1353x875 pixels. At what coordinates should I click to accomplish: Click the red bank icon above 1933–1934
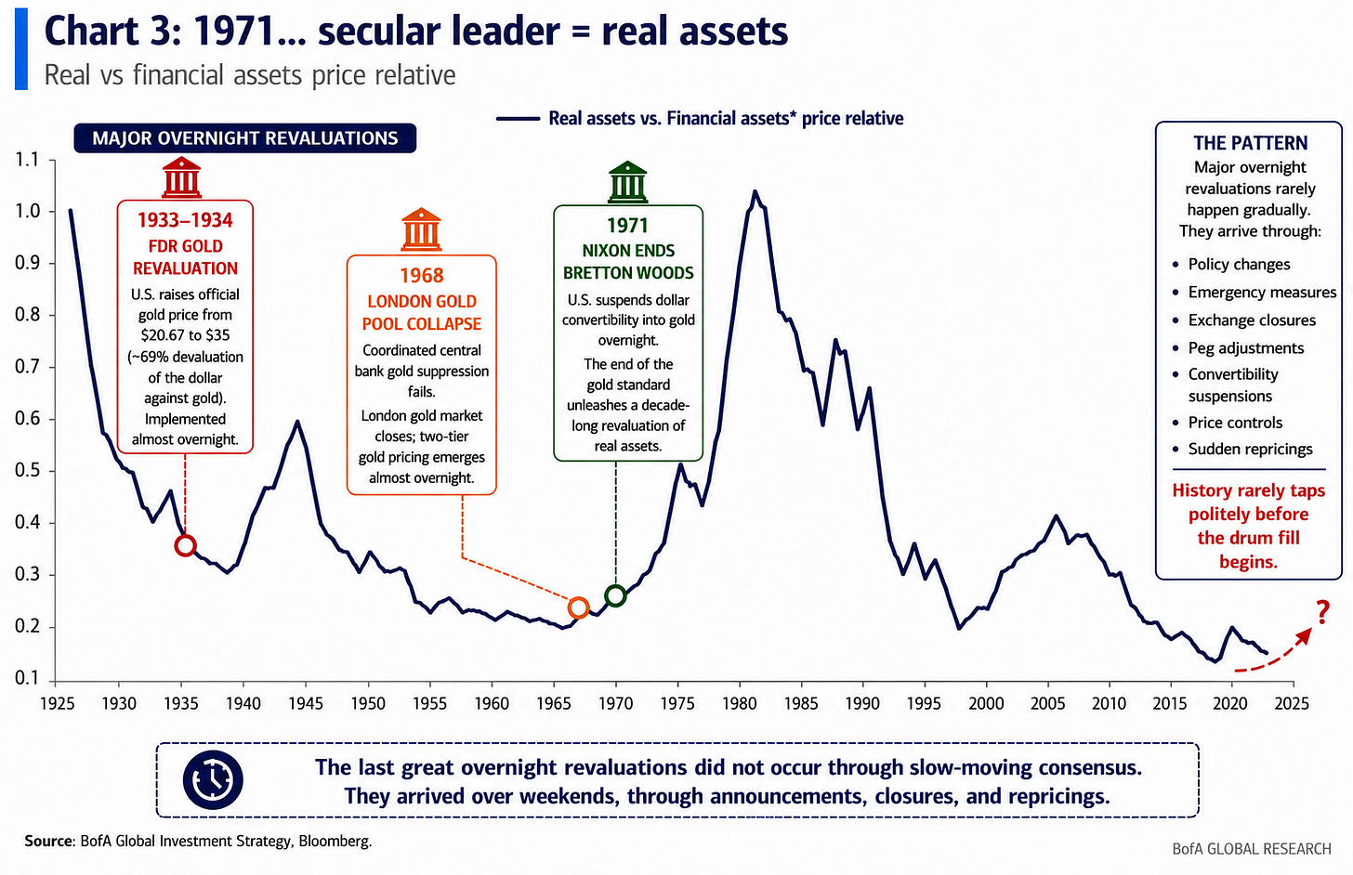pos(181,177)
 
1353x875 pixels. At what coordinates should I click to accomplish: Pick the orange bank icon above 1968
pos(421,229)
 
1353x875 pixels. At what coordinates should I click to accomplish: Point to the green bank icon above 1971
pos(627,182)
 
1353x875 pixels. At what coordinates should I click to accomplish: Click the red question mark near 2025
pos(1323,612)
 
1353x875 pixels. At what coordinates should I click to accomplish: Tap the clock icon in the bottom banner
pos(213,780)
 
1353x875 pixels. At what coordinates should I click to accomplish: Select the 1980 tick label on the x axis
pos(740,703)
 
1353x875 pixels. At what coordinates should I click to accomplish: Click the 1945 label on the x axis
pos(306,703)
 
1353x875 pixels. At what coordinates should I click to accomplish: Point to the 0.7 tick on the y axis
pos(27,367)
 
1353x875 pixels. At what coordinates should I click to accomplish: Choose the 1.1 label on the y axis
pos(27,160)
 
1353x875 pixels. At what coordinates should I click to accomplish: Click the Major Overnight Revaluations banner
pos(245,138)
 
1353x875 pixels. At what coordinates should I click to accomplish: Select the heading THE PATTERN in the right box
pos(1250,143)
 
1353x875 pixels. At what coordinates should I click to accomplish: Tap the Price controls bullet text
pos(1235,422)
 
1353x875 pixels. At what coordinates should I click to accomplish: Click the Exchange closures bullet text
pos(1252,320)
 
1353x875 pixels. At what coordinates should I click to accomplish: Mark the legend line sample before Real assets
pos(518,119)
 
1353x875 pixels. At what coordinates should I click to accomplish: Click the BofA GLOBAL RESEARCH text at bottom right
pos(1252,849)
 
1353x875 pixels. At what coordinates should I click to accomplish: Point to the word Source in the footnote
pos(48,842)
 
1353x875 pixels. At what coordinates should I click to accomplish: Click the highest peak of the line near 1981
pos(755,191)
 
